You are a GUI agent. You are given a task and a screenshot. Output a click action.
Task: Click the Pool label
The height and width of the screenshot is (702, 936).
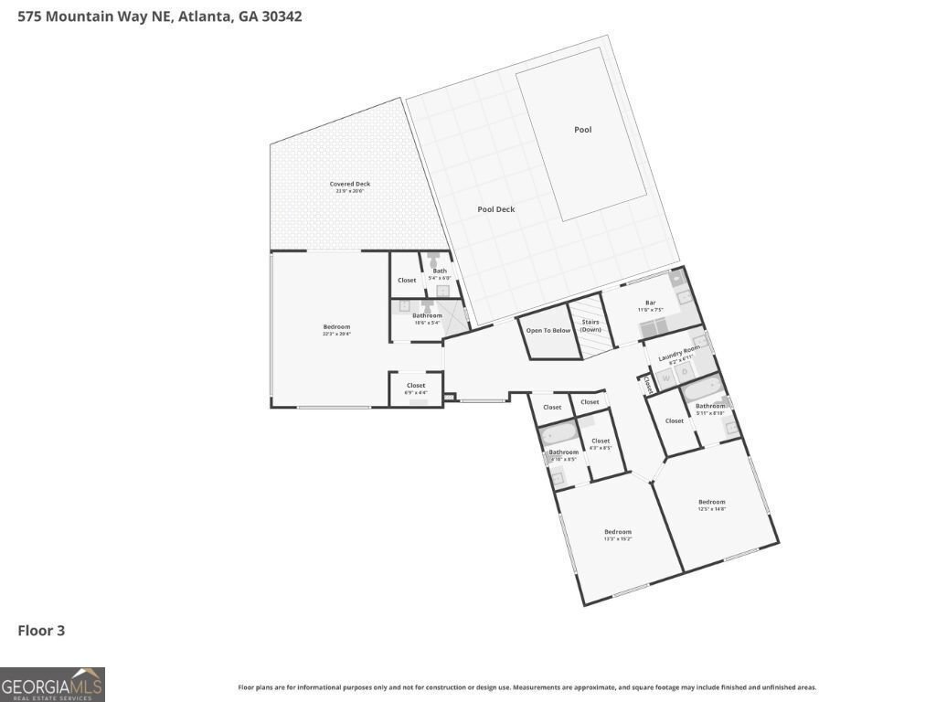coord(582,130)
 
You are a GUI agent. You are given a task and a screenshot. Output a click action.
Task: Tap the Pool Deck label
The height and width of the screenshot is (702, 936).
coord(496,209)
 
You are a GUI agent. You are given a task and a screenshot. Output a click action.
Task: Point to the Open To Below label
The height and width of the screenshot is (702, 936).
coord(548,330)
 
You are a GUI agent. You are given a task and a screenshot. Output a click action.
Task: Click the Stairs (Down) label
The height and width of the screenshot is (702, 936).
coord(590,325)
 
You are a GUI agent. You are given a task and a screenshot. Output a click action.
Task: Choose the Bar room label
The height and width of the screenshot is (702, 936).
coord(651,305)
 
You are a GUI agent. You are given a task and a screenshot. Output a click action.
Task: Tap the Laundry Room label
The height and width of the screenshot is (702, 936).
coord(679,351)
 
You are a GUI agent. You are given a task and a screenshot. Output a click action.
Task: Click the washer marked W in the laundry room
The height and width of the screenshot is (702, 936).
coord(665,376)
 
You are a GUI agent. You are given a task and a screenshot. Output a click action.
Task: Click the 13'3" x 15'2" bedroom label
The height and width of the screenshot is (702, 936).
coord(617,535)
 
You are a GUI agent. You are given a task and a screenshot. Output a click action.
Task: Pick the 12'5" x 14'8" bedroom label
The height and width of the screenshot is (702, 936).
coord(711,505)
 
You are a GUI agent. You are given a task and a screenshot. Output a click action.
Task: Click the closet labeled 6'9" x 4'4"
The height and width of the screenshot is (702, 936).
coord(416,388)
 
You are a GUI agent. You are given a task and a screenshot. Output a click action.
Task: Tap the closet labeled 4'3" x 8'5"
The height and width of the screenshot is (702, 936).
coord(600,443)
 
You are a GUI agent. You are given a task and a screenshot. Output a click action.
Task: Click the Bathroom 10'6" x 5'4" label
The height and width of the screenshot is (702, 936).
coord(427,318)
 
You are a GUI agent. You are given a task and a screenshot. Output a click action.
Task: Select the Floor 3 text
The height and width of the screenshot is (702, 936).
coord(41,631)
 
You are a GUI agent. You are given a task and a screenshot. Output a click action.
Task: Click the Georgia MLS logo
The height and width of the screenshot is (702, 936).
coord(52,684)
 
